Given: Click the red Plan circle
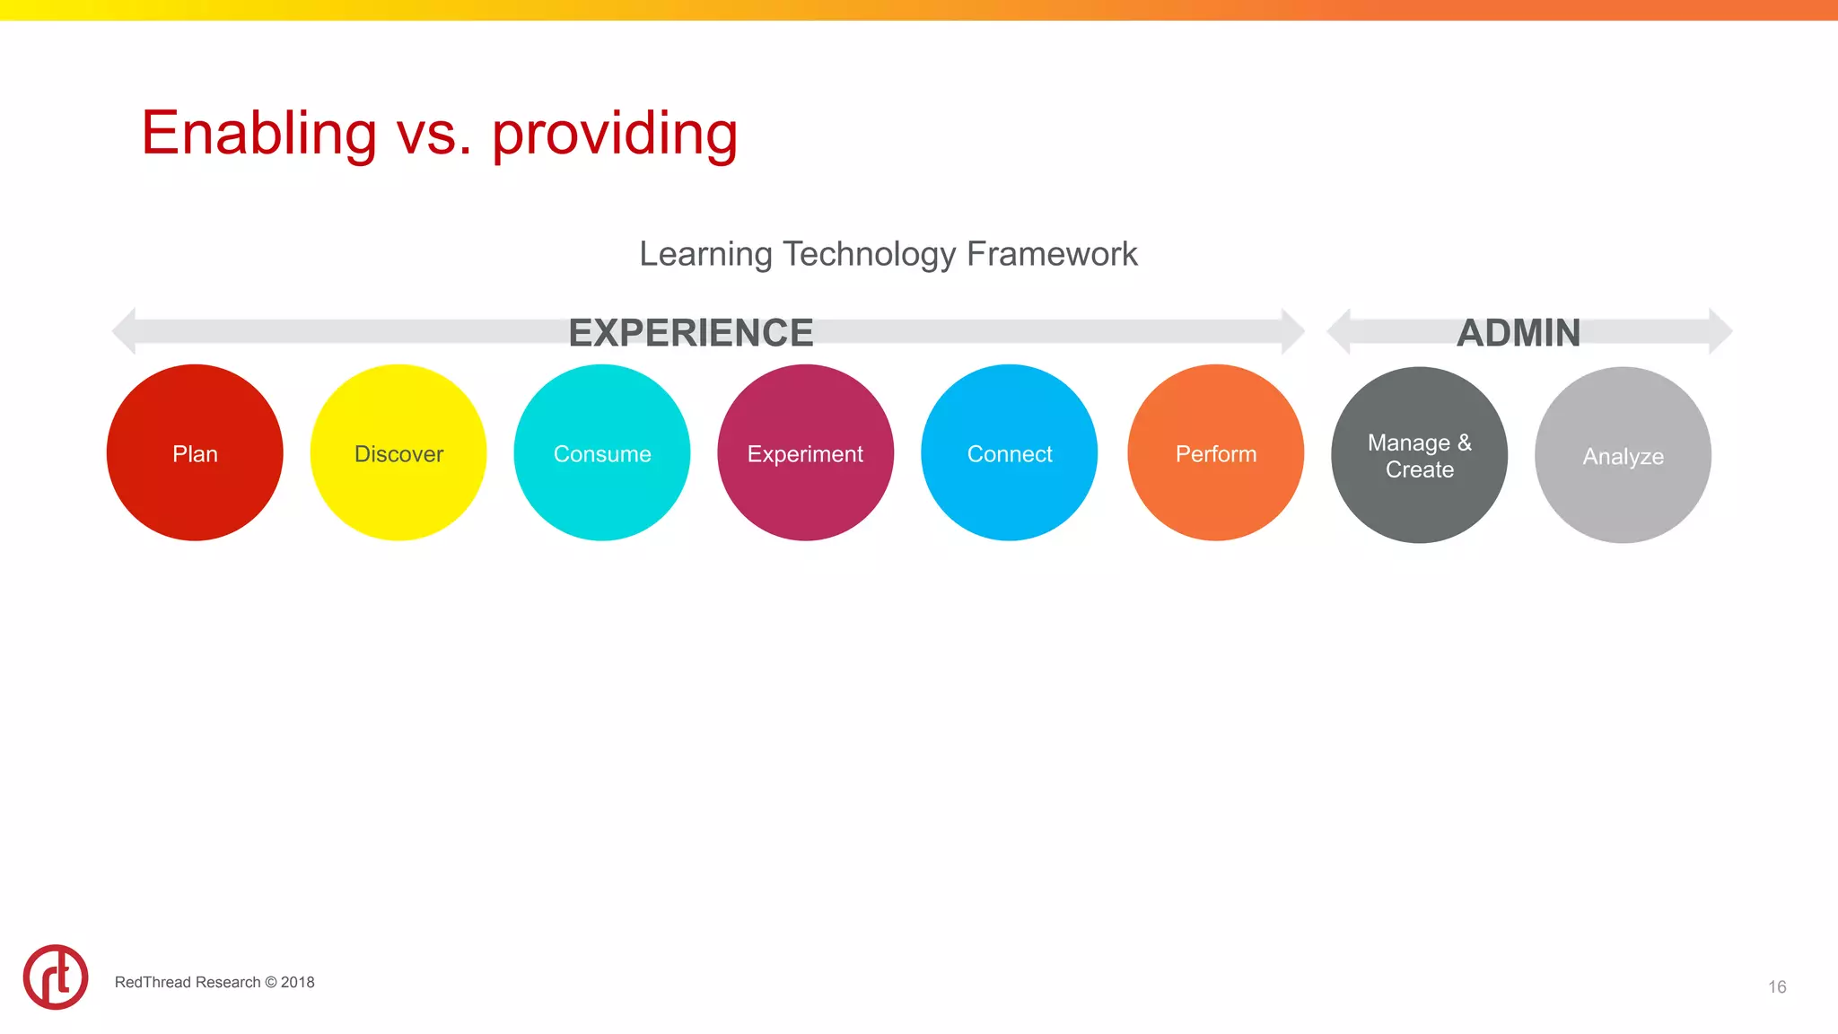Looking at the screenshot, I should pyautogui.click(x=195, y=452).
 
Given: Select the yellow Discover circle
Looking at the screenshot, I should pyautogui.click(x=398, y=452).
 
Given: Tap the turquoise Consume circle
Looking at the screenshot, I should pyautogui.click(x=602, y=452).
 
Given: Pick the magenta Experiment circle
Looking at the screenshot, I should pyautogui.click(x=805, y=452).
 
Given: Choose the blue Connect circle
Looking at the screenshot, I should pyautogui.click(x=1009, y=452).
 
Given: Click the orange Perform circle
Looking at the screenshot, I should pyautogui.click(x=1215, y=452).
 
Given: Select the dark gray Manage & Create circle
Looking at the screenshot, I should pyautogui.click(x=1419, y=455).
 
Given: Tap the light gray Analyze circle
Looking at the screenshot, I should pyautogui.click(x=1623, y=455).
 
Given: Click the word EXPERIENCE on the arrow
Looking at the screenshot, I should pyautogui.click(x=690, y=333).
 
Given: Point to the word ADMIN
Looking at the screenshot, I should pyautogui.click(x=1519, y=333).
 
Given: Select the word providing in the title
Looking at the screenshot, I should pyautogui.click(x=615, y=134).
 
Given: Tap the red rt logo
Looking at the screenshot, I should pyautogui.click(x=56, y=977).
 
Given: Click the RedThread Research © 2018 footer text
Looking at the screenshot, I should pyautogui.click(x=214, y=982).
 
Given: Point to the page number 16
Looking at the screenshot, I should pyautogui.click(x=1777, y=986).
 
